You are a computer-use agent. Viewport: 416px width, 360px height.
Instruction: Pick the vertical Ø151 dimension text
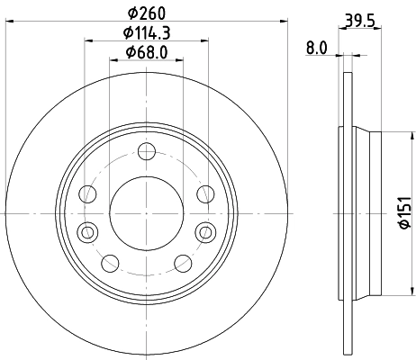404,217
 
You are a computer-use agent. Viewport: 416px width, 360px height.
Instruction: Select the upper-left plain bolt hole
88,193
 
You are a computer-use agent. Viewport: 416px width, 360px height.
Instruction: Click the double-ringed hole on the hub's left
87,231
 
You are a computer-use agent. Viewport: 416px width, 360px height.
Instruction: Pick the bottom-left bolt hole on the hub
110,262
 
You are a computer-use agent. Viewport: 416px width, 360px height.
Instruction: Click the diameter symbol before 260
131,13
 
